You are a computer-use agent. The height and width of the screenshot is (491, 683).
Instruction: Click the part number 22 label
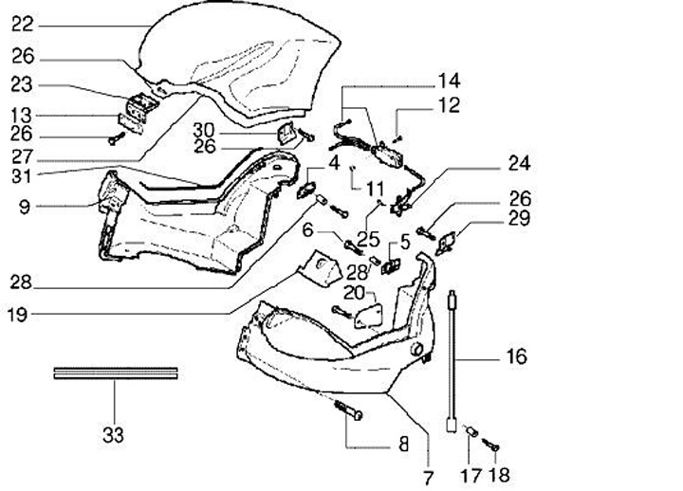click(23, 25)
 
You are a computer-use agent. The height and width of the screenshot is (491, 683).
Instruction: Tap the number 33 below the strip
click(113, 435)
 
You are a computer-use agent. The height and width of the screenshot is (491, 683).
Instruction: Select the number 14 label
click(448, 80)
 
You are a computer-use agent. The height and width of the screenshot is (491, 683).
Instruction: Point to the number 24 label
click(519, 162)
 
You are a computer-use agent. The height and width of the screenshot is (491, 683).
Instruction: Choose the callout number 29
click(519, 220)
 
